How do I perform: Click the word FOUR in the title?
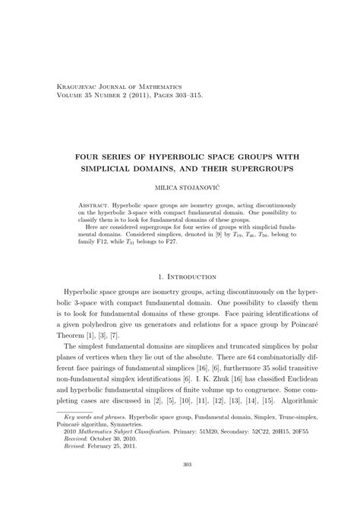pyautogui.click(x=93, y=151)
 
